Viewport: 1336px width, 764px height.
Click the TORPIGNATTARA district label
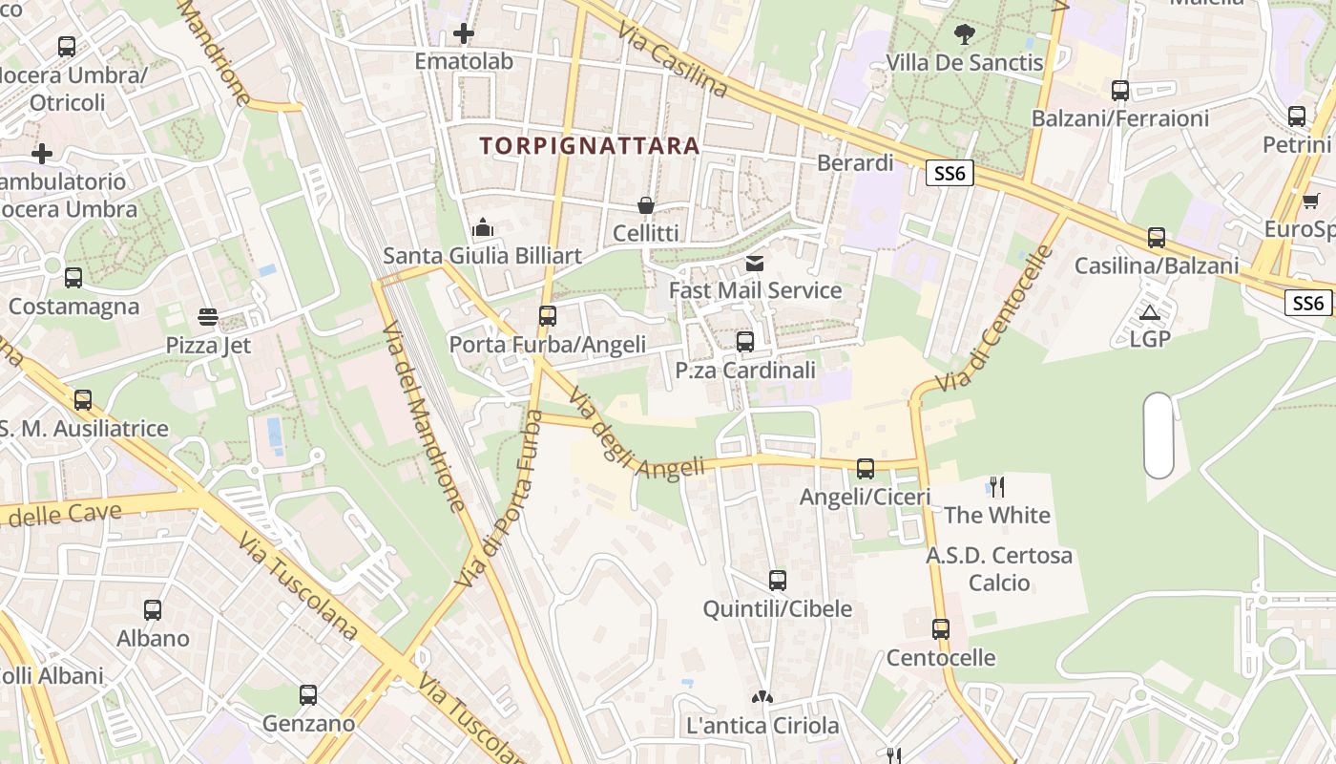(x=590, y=146)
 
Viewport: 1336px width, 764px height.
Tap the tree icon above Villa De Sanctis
(x=965, y=34)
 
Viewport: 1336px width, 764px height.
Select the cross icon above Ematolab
(x=464, y=33)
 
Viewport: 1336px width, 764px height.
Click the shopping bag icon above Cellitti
(x=646, y=205)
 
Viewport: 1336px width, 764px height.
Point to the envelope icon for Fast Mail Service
(x=755, y=263)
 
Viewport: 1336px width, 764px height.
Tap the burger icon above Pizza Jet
(x=208, y=317)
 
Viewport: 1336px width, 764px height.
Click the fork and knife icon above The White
(x=997, y=487)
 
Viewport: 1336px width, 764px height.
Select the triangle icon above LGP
(x=1150, y=312)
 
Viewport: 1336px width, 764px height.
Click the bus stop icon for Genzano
(x=308, y=695)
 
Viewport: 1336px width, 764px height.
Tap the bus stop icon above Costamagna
(x=73, y=278)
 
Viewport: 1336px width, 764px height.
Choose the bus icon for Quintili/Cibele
(x=778, y=581)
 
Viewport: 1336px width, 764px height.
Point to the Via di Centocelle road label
(x=995, y=319)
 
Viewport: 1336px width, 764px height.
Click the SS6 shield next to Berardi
(x=950, y=173)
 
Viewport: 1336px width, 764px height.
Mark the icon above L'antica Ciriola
(x=761, y=698)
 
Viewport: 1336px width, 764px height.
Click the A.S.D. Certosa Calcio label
(x=999, y=568)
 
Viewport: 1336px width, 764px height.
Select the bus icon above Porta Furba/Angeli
(x=548, y=316)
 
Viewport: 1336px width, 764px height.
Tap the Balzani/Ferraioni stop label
(x=1119, y=118)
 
